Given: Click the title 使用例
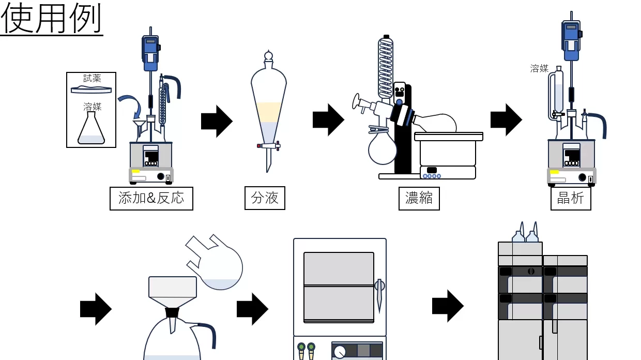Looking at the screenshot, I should (x=51, y=19).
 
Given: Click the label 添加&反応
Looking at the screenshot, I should (x=151, y=199).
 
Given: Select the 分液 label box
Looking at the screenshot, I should (x=265, y=198).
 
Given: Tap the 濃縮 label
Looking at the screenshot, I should (x=419, y=199).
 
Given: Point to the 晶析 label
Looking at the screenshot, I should (x=571, y=199).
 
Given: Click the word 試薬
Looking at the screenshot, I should (x=92, y=79).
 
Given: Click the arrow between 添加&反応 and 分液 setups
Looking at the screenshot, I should (x=217, y=121).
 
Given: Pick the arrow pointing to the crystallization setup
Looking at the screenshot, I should (x=506, y=119).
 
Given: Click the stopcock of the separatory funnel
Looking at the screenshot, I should (x=269, y=146).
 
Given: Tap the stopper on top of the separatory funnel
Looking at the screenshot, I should (x=268, y=56).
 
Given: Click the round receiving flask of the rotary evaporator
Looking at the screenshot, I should (x=383, y=149).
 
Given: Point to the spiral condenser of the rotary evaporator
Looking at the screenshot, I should (x=385, y=67).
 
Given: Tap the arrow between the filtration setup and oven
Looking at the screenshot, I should (x=252, y=309).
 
